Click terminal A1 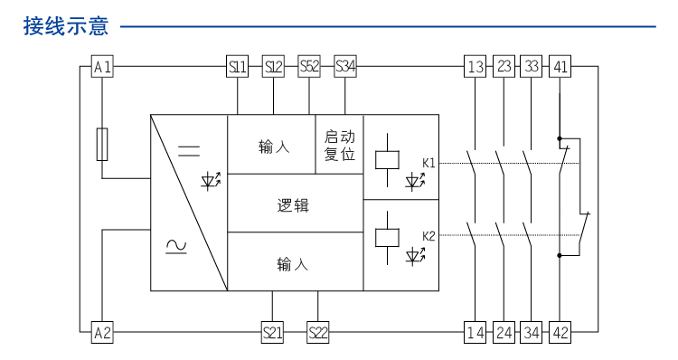point(102,66)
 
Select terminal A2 point(102,332)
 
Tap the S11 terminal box point(237,66)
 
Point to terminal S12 point(273,66)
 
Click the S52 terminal point(309,66)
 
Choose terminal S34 point(345,66)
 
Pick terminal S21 point(273,332)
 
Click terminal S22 point(318,332)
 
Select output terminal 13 point(476,66)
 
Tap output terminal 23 point(504,66)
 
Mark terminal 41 point(560,66)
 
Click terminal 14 point(476,332)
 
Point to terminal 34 point(532,332)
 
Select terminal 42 point(560,332)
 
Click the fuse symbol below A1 point(102,144)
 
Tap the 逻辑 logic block point(293,205)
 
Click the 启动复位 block point(340,145)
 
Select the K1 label point(428,163)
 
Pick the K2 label point(428,236)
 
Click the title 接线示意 point(66,26)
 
